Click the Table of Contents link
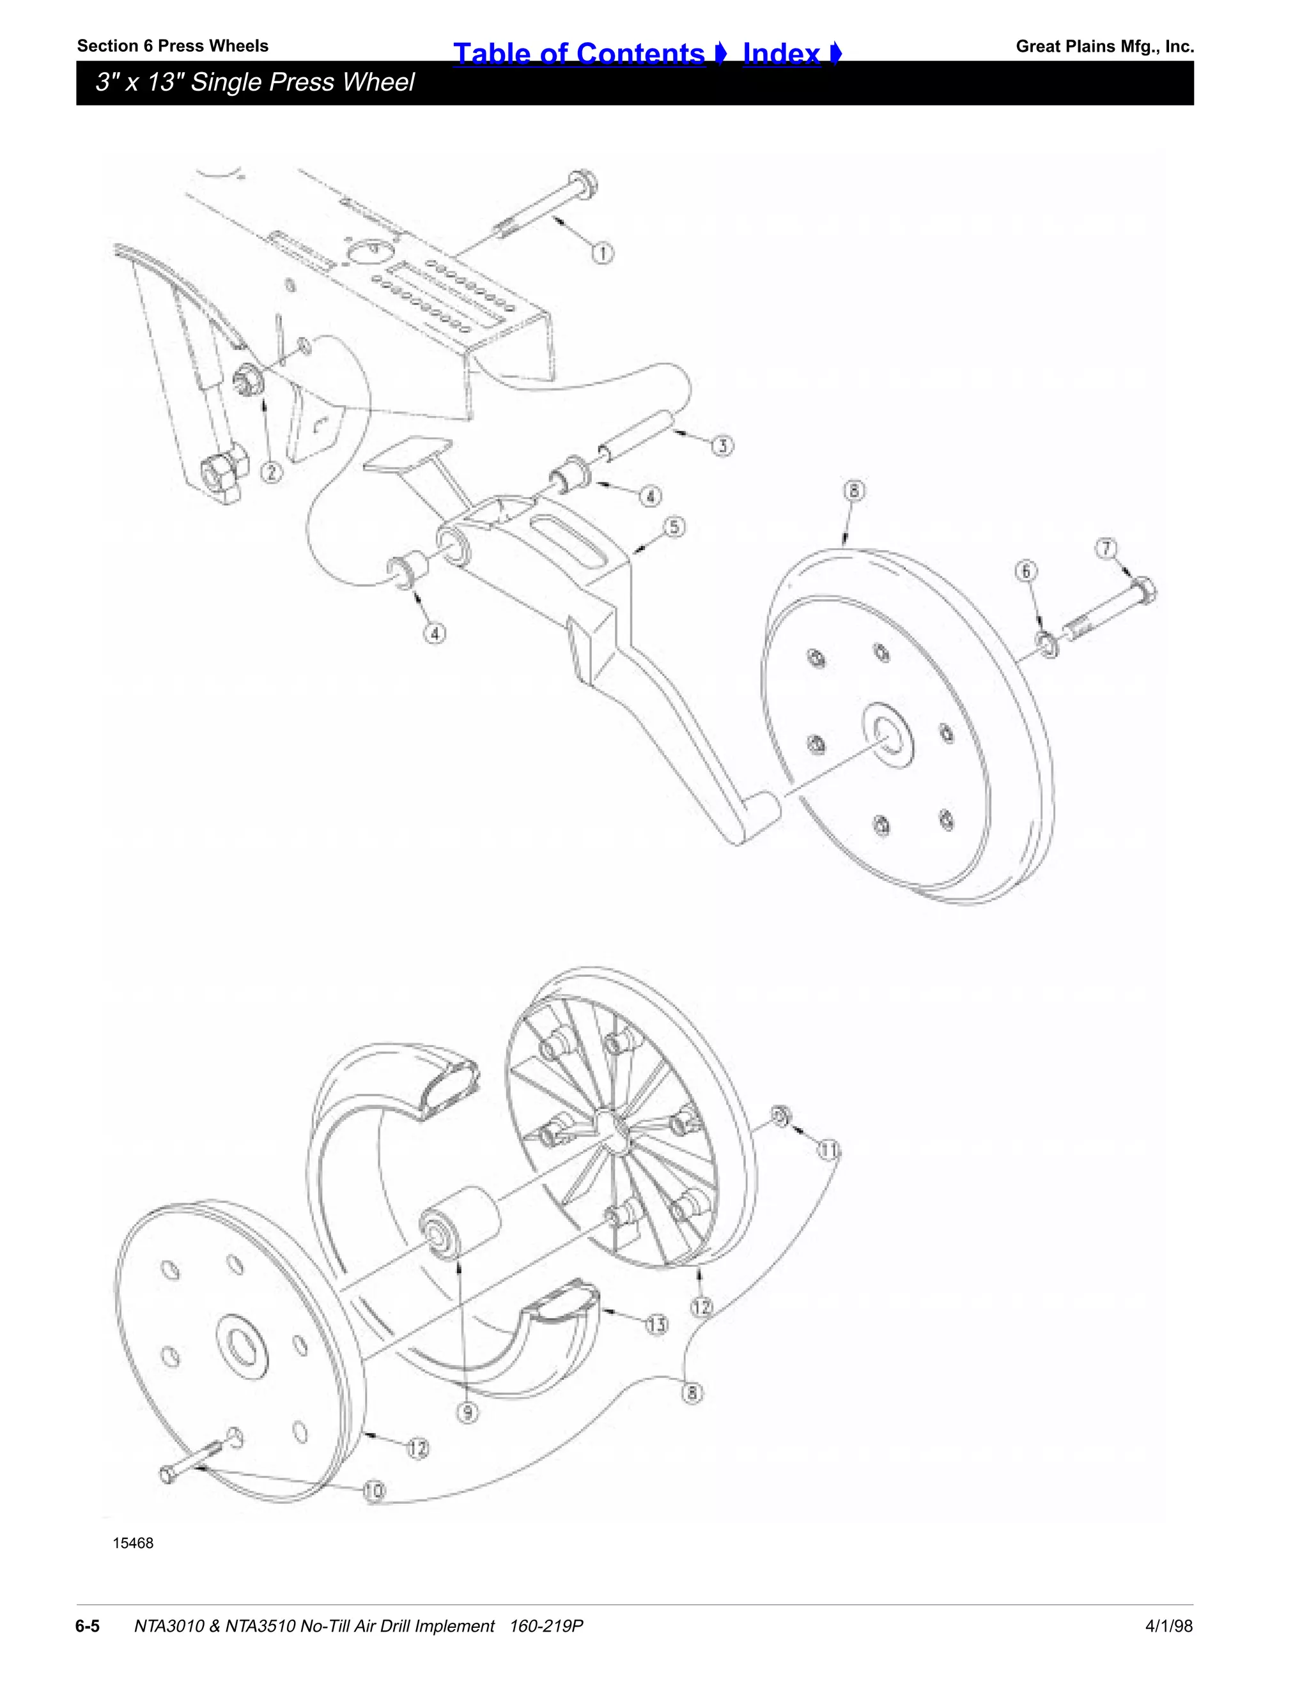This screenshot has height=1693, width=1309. (579, 54)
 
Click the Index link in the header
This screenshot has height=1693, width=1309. (782, 54)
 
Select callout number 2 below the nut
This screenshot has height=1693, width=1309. (270, 471)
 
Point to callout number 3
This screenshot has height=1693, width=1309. (723, 446)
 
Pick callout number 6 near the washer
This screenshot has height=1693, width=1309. (1026, 571)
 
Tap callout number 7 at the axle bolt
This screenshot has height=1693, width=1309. (1106, 548)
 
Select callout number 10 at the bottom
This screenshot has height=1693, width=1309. (375, 1490)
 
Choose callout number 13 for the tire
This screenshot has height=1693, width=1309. (657, 1324)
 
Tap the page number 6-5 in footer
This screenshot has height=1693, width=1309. (88, 1625)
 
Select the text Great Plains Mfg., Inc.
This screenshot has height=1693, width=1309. (1104, 47)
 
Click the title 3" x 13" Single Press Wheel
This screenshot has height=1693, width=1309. (254, 82)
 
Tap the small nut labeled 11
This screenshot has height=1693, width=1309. (780, 1116)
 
